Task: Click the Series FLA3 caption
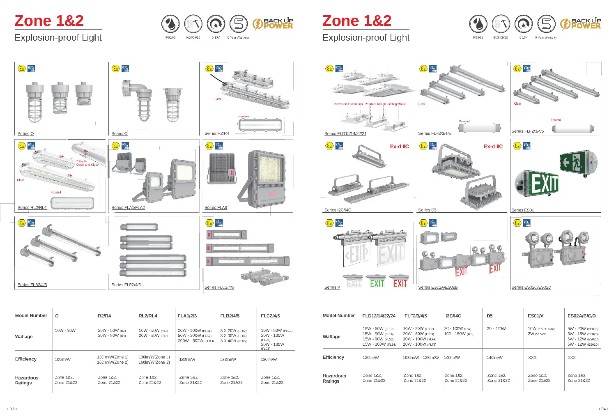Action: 216,208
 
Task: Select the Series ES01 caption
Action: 522,210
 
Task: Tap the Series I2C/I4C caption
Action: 338,210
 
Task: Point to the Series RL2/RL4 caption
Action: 32,208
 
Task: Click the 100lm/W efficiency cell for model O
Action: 62,360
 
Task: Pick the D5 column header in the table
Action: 490,316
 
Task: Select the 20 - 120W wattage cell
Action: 496,329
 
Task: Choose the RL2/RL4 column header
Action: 148,316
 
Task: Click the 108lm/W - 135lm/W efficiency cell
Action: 421,358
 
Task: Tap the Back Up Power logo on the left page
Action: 273,24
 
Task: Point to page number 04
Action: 603,409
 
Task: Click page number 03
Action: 12,409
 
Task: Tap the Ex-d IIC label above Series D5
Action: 493,147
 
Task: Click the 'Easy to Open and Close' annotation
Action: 87,163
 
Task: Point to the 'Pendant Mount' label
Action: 375,104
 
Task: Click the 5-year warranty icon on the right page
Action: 546,24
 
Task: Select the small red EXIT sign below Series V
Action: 400,284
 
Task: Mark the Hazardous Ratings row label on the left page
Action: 27,380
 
